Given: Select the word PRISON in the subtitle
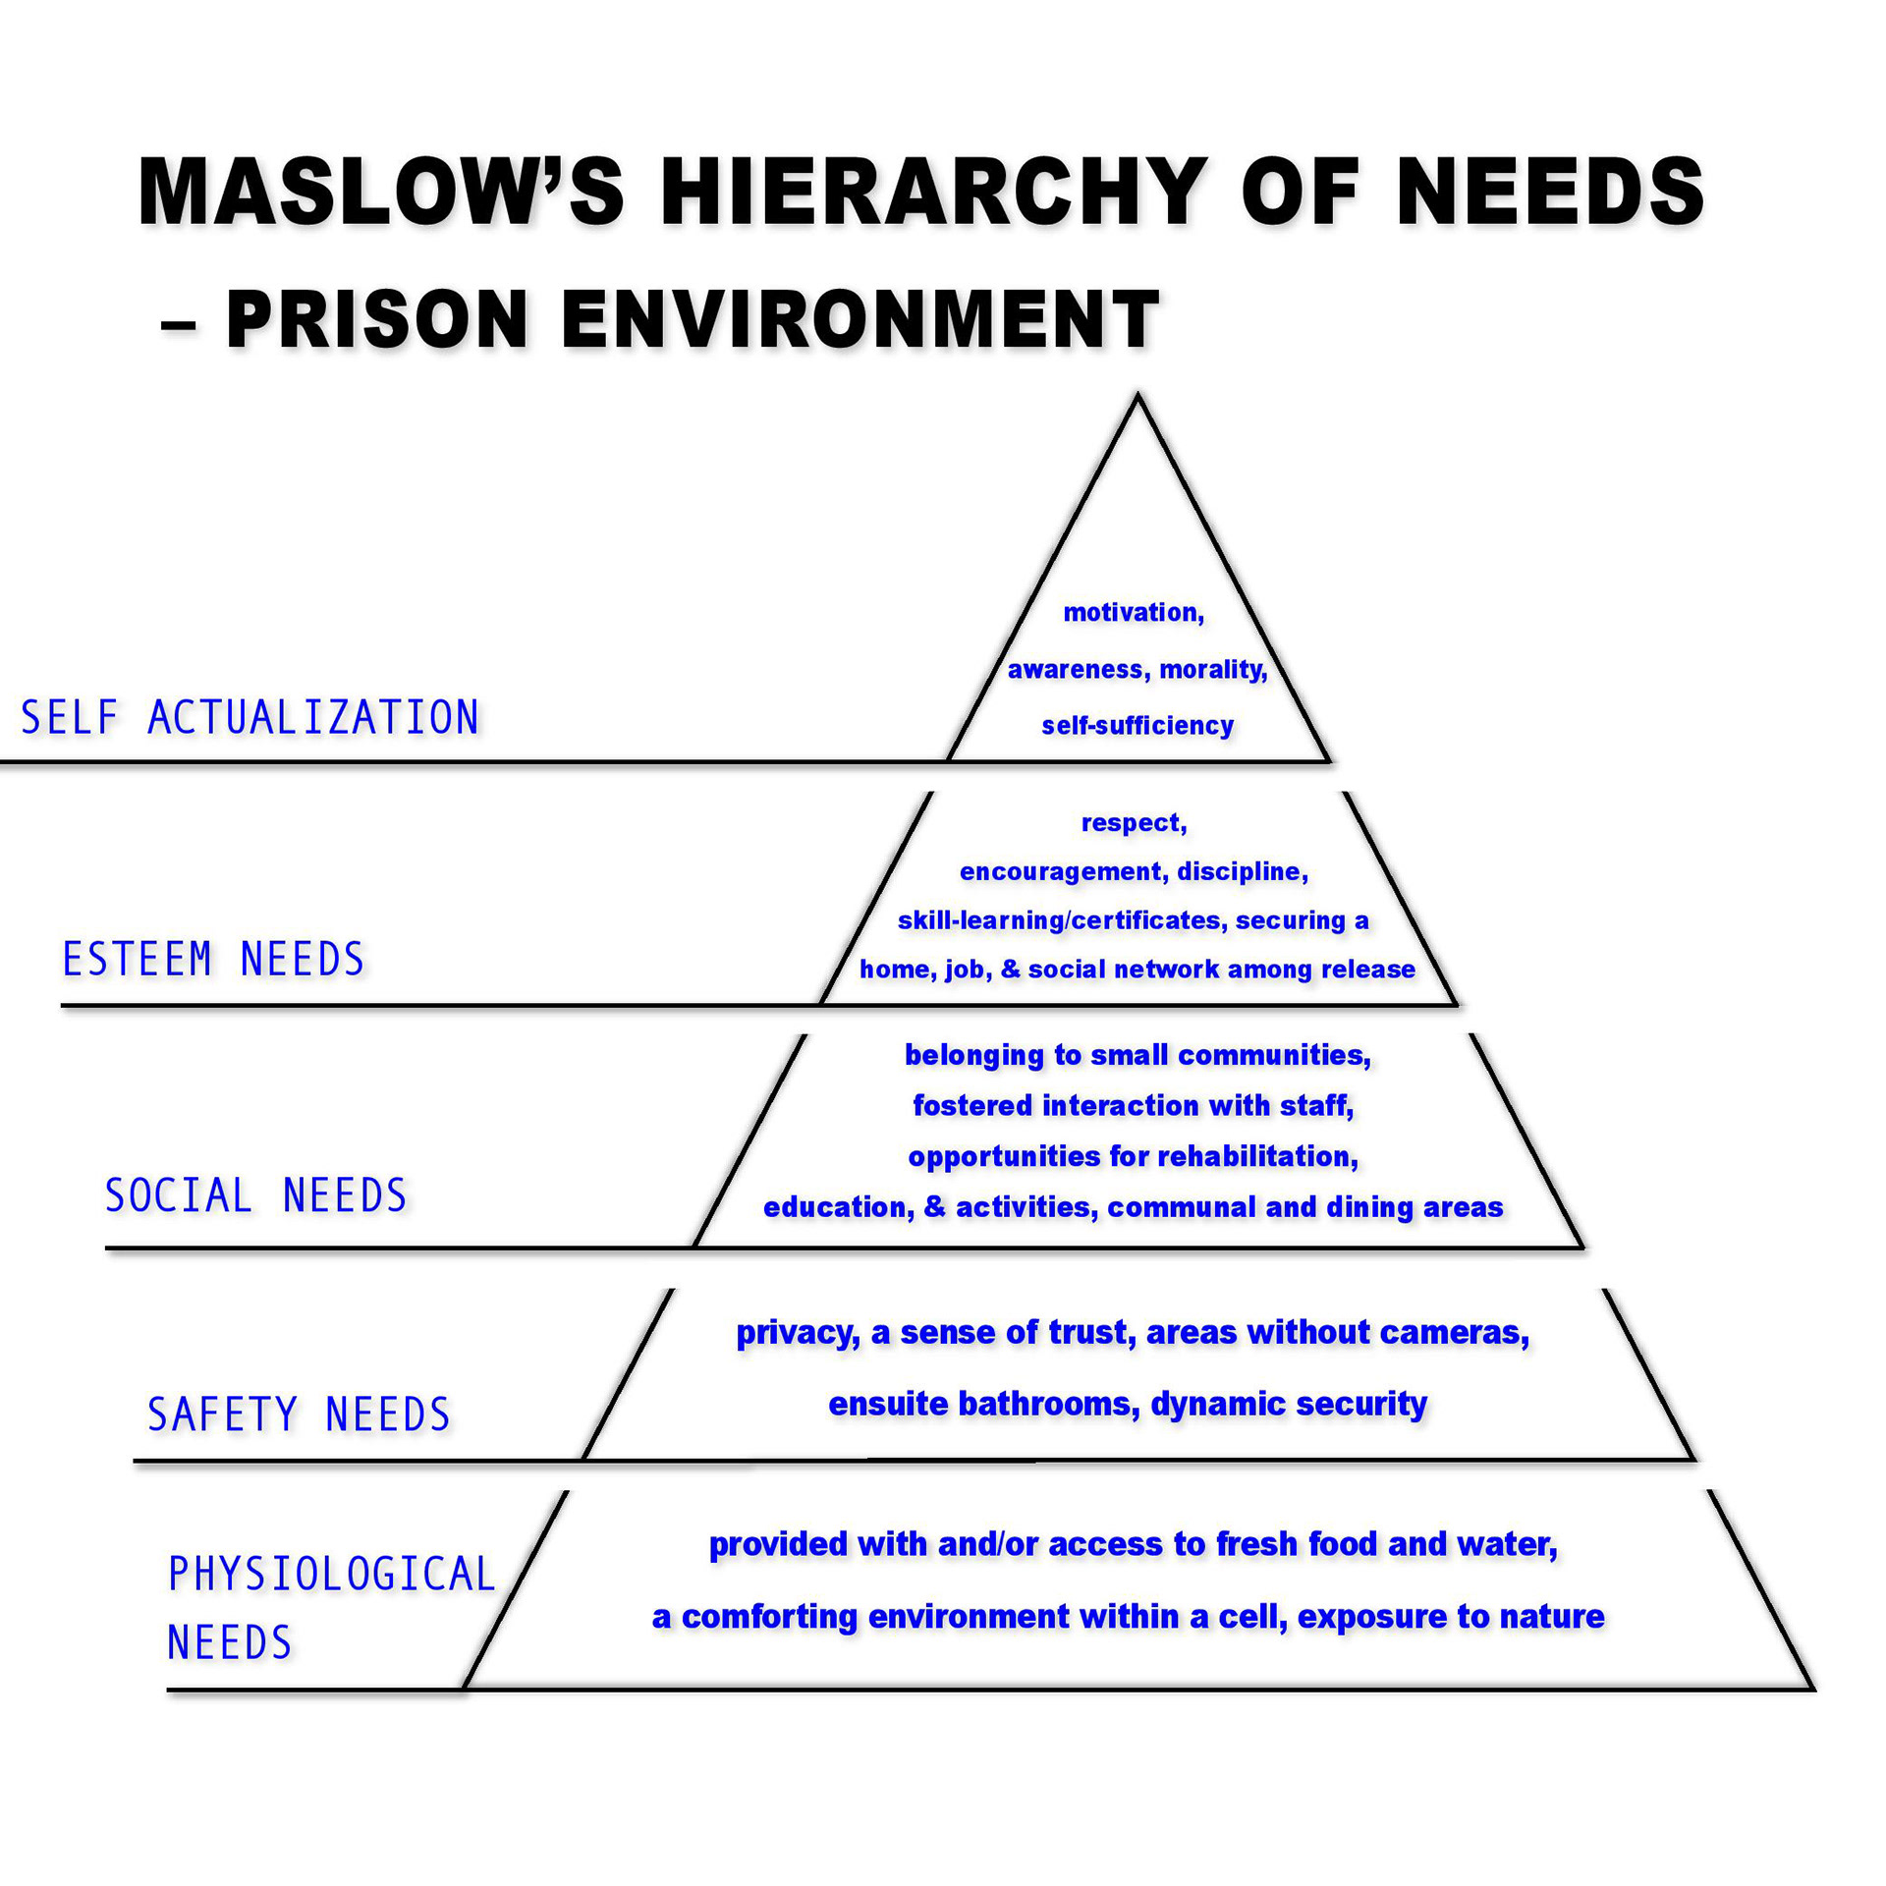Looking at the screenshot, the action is [x=377, y=319].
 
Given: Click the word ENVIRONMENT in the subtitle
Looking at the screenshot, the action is [x=860, y=319].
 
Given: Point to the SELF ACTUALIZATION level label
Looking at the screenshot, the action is [x=250, y=718].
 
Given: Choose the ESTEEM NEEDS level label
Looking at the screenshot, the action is [x=213, y=960].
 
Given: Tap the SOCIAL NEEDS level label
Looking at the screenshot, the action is [x=255, y=1195].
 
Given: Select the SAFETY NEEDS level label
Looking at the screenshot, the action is [x=299, y=1414].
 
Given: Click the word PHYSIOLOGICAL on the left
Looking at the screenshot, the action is [x=332, y=1575].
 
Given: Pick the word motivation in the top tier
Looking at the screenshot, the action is [x=1131, y=613].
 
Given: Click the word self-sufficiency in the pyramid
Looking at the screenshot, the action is [x=1137, y=726].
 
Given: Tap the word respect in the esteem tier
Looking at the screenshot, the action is [x=1131, y=823].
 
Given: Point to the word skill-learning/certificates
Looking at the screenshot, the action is [x=1059, y=920].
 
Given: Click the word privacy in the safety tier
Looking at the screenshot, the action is [x=796, y=1332].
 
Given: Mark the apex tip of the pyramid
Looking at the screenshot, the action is [x=1137, y=397].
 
